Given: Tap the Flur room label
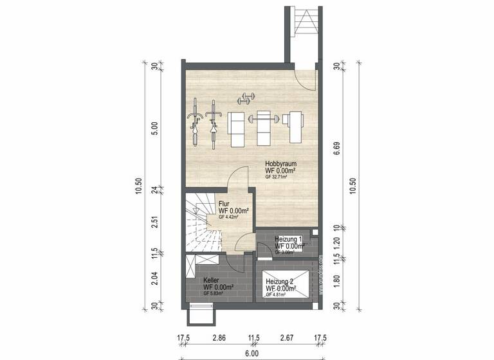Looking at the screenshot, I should click(x=224, y=204).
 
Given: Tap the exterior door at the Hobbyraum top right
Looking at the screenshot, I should click(x=305, y=76).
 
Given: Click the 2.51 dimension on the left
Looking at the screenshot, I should click(x=154, y=222).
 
